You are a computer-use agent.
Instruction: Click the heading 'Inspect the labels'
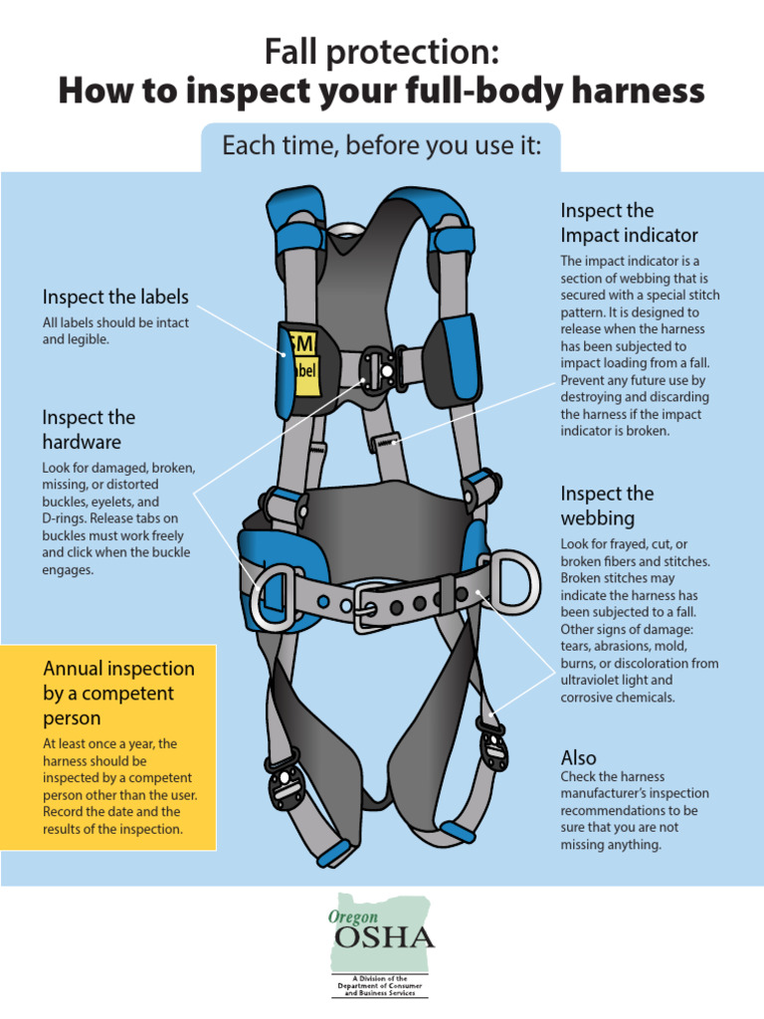tap(115, 297)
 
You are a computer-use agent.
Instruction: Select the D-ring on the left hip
tap(272, 597)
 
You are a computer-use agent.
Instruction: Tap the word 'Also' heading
tap(579, 757)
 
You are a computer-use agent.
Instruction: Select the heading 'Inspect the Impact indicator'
tap(629, 223)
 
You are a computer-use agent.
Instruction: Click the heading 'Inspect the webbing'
tap(607, 506)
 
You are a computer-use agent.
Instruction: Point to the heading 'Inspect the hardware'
tap(89, 429)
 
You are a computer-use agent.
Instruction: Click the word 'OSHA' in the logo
tap(384, 937)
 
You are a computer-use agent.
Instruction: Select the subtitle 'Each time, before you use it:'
tap(381, 147)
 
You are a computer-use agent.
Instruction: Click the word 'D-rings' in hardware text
tap(67, 518)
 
